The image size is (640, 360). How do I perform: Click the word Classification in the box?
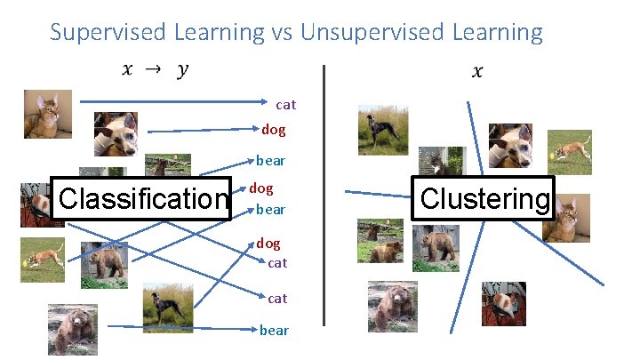[x=142, y=197]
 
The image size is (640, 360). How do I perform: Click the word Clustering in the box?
[x=484, y=198]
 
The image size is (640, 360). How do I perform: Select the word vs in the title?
[x=281, y=33]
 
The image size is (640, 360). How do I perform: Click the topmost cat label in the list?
[x=286, y=105]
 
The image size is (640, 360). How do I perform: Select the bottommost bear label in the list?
[x=274, y=330]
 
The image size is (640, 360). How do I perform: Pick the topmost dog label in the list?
[x=274, y=130]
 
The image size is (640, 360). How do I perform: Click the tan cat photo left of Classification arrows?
[x=41, y=116]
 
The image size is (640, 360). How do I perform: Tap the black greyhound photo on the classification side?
[x=167, y=308]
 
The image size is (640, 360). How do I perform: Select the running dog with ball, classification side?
[x=43, y=260]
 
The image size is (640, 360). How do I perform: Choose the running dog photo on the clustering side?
[x=569, y=152]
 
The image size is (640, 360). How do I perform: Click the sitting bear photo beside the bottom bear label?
[x=72, y=329]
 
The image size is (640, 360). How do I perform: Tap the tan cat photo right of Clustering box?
[x=566, y=222]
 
